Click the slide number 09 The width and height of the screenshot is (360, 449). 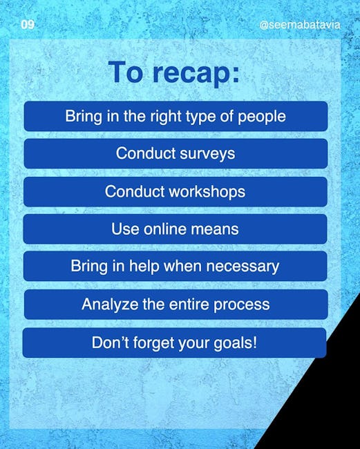point(28,25)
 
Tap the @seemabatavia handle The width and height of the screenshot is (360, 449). point(300,25)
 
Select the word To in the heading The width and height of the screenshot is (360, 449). point(125,72)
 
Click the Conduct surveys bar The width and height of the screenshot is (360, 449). point(176,153)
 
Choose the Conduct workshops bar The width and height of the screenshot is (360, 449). point(176,191)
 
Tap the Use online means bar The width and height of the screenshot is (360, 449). point(175,229)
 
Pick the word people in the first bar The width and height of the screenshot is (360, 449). point(262,117)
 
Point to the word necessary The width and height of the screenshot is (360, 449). point(243,267)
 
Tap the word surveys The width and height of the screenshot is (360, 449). point(207,154)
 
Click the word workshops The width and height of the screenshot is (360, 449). point(207,191)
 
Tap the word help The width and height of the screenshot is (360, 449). point(144,267)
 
